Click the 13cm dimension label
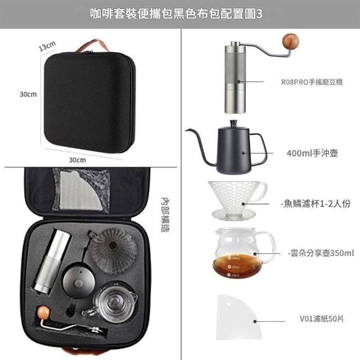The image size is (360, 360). pos(47,46)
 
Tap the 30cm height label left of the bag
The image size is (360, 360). pos(28,94)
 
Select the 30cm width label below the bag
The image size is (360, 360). pos(78,160)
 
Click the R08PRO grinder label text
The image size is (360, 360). pos(312,82)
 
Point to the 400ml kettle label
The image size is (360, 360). pos(312,153)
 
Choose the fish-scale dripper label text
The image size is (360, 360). pos(316,204)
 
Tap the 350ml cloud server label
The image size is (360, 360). pos(321,253)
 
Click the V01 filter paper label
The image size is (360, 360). pos(321,319)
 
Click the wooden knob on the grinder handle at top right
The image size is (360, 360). pos(291,42)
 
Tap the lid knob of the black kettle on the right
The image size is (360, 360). pos(234,123)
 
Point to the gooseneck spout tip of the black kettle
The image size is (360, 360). pos(186,130)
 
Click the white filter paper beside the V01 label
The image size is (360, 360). pos(238,317)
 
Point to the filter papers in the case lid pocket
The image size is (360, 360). pos(78,190)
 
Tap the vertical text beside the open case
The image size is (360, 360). pos(165,215)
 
